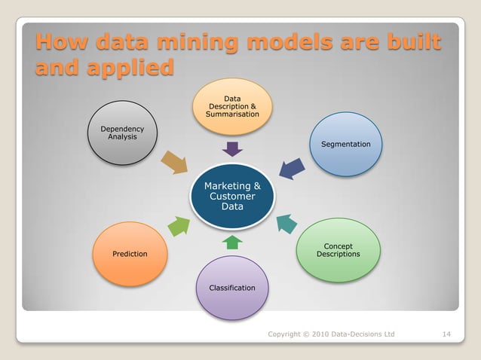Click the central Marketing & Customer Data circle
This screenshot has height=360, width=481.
click(x=232, y=196)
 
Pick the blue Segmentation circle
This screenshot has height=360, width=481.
click(x=345, y=144)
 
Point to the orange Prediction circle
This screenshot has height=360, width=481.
click(x=129, y=254)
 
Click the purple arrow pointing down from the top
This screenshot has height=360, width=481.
click(x=232, y=148)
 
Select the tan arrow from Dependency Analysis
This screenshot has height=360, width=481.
click(x=175, y=161)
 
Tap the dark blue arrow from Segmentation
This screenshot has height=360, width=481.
click(x=292, y=168)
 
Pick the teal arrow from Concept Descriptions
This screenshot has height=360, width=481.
click(x=286, y=223)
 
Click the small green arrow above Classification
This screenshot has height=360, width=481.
click(x=233, y=242)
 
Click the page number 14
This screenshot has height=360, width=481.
click(x=446, y=334)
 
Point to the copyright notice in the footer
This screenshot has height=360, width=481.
click(x=331, y=334)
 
